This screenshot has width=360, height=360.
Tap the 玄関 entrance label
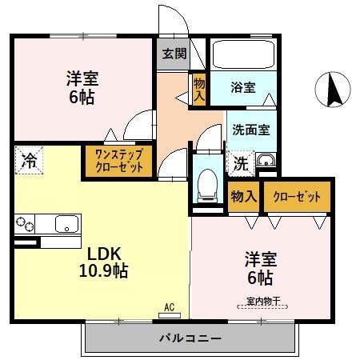click(x=174, y=54)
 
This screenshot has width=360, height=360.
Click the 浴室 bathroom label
click(x=243, y=87)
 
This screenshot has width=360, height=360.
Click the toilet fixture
click(x=207, y=184)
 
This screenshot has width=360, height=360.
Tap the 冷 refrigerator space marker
click(x=29, y=159)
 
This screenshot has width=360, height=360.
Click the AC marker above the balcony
click(x=169, y=307)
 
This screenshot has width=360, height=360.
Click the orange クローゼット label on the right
click(x=297, y=197)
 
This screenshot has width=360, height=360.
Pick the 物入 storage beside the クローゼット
click(x=243, y=197)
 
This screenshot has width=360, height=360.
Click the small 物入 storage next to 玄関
click(x=198, y=89)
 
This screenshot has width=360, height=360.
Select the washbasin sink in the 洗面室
click(x=266, y=166)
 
